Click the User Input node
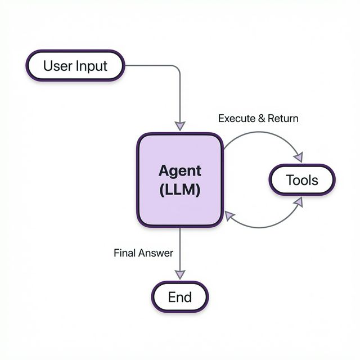coord(75,65)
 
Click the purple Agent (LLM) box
coord(180,180)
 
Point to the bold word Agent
coord(180,170)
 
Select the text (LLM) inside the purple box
coord(180,190)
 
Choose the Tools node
coord(302,181)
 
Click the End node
coord(180,296)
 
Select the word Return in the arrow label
coord(283,119)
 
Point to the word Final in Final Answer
coord(125,253)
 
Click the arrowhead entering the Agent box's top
coord(180,127)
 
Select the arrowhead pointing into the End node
coord(180,274)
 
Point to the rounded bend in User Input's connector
coord(177,68)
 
